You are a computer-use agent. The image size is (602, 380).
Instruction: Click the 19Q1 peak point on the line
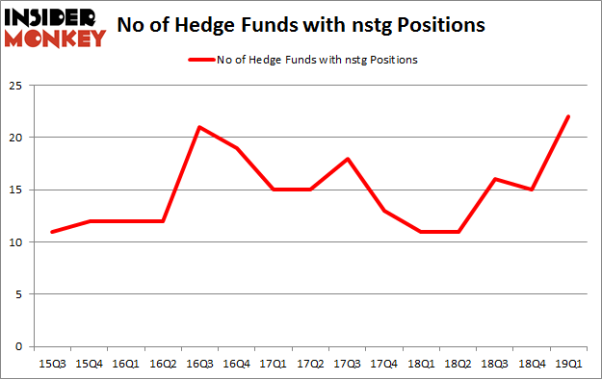[x=568, y=116]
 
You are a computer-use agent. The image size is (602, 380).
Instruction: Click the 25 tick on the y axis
[x=18, y=85]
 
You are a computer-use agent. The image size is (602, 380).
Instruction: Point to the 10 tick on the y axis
[x=18, y=241]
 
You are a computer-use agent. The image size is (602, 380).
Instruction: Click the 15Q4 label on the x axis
[x=85, y=364]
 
